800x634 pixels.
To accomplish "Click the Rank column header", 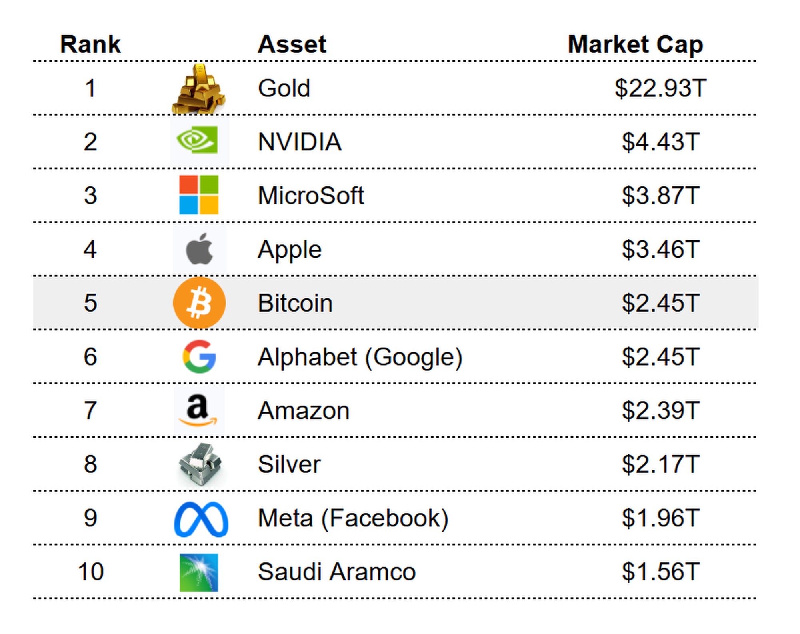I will (x=90, y=44).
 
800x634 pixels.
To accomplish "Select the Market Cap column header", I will (x=635, y=44).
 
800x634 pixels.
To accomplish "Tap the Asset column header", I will (x=292, y=44).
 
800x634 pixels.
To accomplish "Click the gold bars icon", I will (x=199, y=89).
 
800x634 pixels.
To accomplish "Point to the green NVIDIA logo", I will (x=198, y=140).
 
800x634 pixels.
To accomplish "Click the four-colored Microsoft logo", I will (x=199, y=195).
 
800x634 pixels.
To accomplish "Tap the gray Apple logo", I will (x=199, y=249).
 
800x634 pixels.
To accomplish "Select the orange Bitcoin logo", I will (x=199, y=303).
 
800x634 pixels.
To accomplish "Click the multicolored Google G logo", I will (x=199, y=356).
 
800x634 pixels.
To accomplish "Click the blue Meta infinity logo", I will (x=201, y=519).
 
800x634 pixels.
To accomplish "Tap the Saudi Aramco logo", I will (x=199, y=572).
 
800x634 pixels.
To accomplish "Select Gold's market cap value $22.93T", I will (x=660, y=88).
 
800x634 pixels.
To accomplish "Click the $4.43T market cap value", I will (x=660, y=142).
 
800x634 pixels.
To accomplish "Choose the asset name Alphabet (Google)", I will (x=360, y=357).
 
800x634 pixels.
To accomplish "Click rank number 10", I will (x=91, y=572).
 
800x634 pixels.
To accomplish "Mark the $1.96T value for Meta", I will (x=660, y=518).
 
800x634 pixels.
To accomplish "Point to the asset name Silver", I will (x=289, y=464).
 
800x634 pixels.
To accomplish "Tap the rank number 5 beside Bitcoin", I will (x=90, y=303).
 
